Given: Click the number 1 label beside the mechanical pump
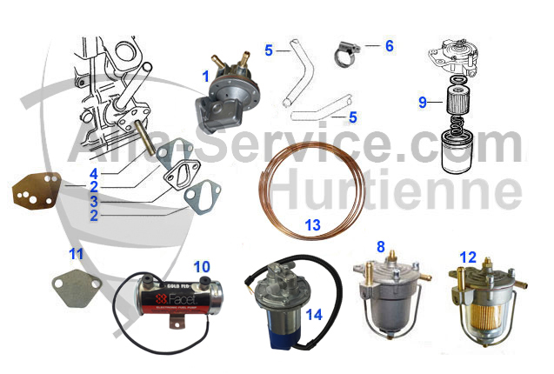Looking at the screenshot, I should pyautogui.click(x=205, y=77).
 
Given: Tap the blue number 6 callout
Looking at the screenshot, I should pyautogui.click(x=389, y=44).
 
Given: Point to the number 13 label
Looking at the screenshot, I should pyautogui.click(x=312, y=224).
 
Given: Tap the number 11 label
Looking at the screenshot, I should pyautogui.click(x=77, y=255).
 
